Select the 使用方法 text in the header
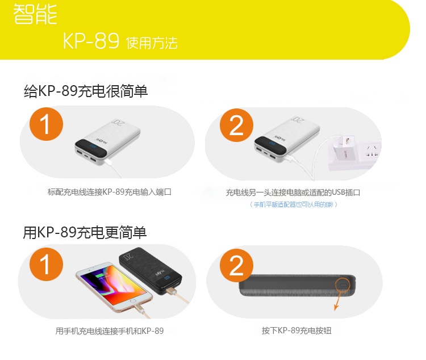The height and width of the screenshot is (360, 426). pyautogui.click(x=152, y=43)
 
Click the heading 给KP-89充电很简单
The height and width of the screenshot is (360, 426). pyautogui.click(x=86, y=90)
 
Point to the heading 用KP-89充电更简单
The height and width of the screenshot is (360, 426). pyautogui.click(x=85, y=232)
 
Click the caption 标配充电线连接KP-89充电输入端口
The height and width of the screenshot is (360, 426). pyautogui.click(x=110, y=192)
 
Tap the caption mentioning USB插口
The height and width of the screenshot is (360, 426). pyautogui.click(x=293, y=192)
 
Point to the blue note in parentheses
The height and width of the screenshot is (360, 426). pyautogui.click(x=294, y=204)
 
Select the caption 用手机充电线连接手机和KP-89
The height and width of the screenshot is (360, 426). pyautogui.click(x=110, y=330)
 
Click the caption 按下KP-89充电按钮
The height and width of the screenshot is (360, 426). pyautogui.click(x=296, y=330)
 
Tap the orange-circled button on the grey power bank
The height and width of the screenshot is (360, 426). pyautogui.click(x=343, y=284)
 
